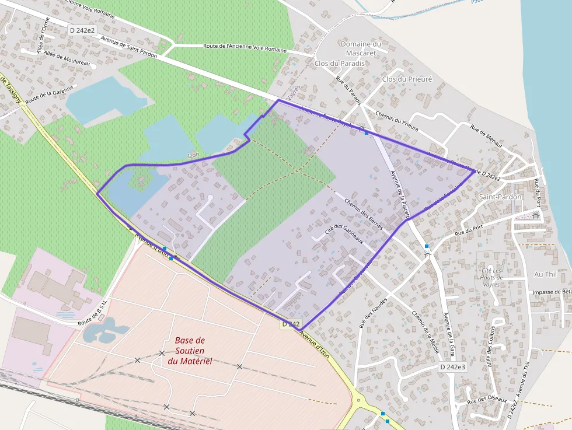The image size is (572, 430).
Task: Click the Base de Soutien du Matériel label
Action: click(x=190, y=351)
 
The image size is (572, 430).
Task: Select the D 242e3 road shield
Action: click(x=452, y=367)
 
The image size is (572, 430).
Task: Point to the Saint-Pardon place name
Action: click(x=500, y=197)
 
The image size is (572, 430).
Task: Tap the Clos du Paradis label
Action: click(x=339, y=63)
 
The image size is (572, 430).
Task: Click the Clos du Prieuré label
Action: click(x=407, y=79)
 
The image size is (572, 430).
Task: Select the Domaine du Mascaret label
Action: click(x=360, y=48)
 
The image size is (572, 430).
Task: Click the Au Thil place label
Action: click(x=546, y=274)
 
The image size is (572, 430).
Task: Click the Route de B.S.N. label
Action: click(x=94, y=318)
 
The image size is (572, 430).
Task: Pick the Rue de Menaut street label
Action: click(x=486, y=138)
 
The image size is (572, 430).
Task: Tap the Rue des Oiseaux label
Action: click(x=486, y=400)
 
